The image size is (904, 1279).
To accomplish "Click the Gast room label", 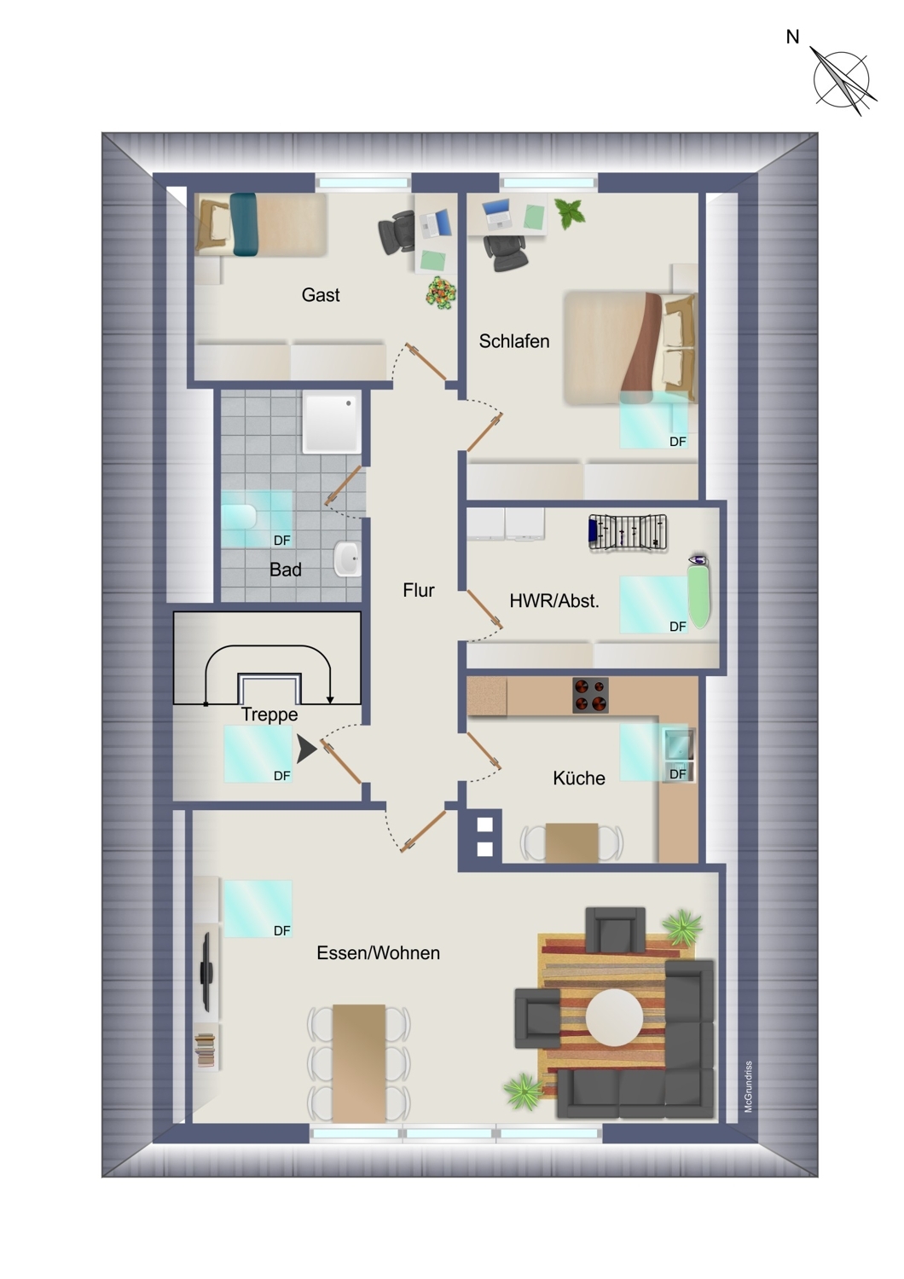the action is pyautogui.click(x=321, y=295).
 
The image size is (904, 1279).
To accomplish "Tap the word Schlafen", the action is pyautogui.click(x=514, y=341).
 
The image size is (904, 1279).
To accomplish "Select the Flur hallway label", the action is pyautogui.click(x=419, y=590).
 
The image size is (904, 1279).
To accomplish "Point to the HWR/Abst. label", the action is pyautogui.click(x=554, y=600).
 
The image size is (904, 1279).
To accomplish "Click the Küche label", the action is pyautogui.click(x=578, y=778).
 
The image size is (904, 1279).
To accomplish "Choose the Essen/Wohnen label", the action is pyautogui.click(x=378, y=953).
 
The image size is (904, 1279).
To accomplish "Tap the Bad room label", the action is pyautogui.click(x=286, y=570).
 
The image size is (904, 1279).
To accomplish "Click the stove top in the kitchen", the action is pyautogui.click(x=590, y=696).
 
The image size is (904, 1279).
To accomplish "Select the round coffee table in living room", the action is pyautogui.click(x=614, y=1017).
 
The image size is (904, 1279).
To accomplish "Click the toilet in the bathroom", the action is pyautogui.click(x=239, y=518).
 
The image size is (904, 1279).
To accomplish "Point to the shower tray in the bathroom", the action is pyautogui.click(x=332, y=423).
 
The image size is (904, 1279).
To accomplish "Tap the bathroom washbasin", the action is pyautogui.click(x=346, y=558).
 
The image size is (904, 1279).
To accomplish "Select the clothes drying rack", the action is pyautogui.click(x=628, y=533).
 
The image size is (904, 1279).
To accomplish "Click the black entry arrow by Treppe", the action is pyautogui.click(x=306, y=749).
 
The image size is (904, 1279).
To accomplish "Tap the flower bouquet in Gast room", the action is pyautogui.click(x=442, y=293).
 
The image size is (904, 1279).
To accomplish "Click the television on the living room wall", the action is pyautogui.click(x=206, y=971).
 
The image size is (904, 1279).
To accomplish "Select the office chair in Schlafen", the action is pyautogui.click(x=505, y=252).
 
